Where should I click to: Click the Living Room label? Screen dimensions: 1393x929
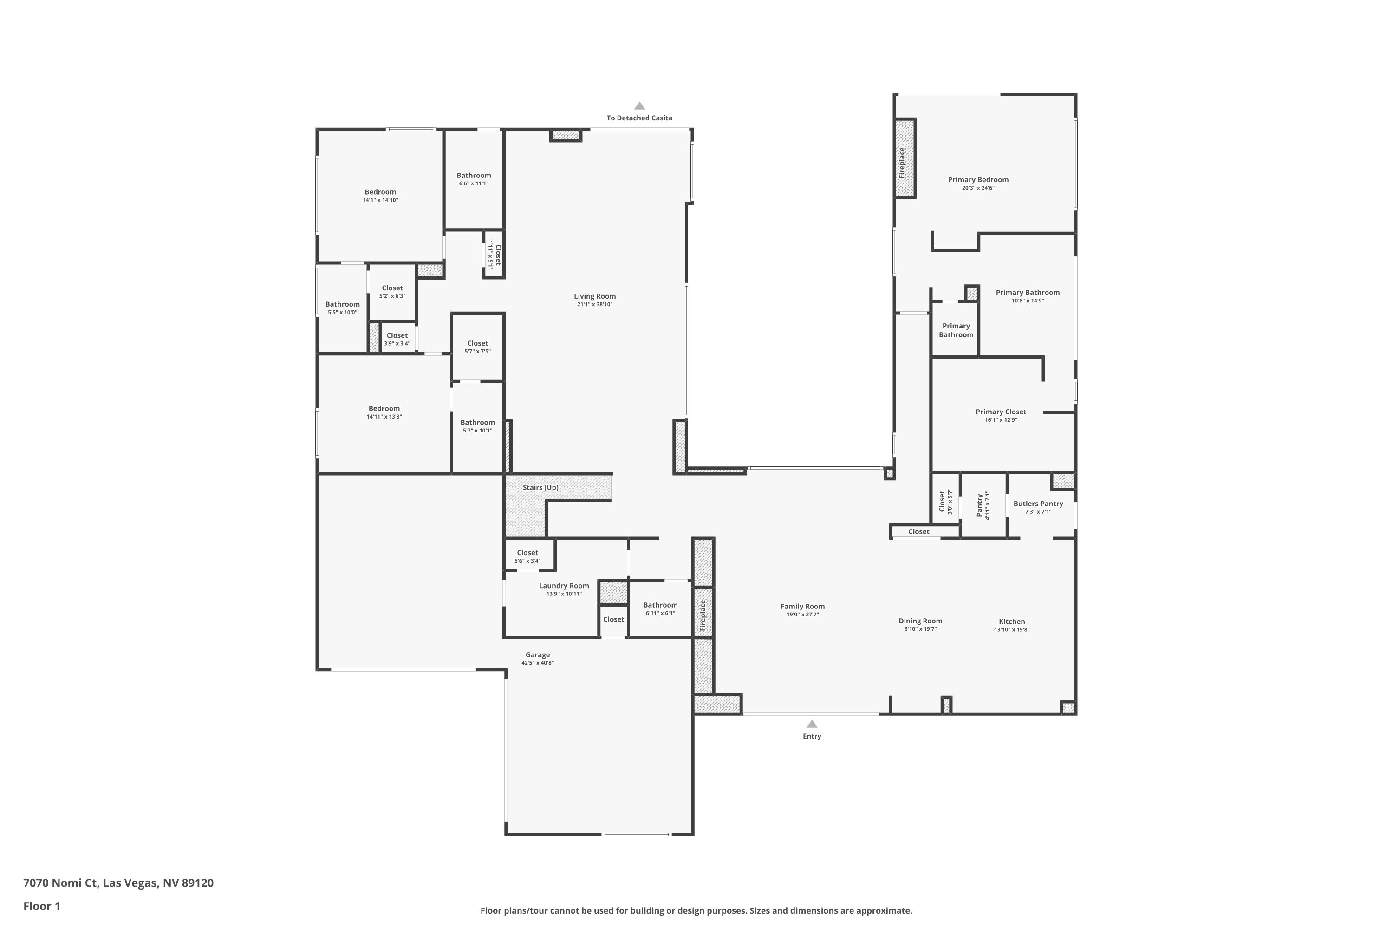tap(595, 296)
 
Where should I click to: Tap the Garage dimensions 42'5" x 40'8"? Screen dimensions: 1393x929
tap(538, 663)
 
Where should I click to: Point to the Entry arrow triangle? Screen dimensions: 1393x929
tap(812, 724)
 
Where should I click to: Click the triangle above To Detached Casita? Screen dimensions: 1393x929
tap(640, 106)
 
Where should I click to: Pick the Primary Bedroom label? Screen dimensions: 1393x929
tap(978, 179)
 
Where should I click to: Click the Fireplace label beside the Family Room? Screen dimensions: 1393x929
tap(703, 615)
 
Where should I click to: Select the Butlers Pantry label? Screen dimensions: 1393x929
tap(1038, 504)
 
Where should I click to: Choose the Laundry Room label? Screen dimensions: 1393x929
tap(564, 586)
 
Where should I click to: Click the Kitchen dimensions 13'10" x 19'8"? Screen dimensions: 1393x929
tap(1012, 630)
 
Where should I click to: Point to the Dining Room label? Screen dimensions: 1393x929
tap(920, 621)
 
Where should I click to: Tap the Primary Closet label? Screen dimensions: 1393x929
tap(1001, 412)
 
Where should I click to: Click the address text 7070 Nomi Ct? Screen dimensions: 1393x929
tap(60, 883)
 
